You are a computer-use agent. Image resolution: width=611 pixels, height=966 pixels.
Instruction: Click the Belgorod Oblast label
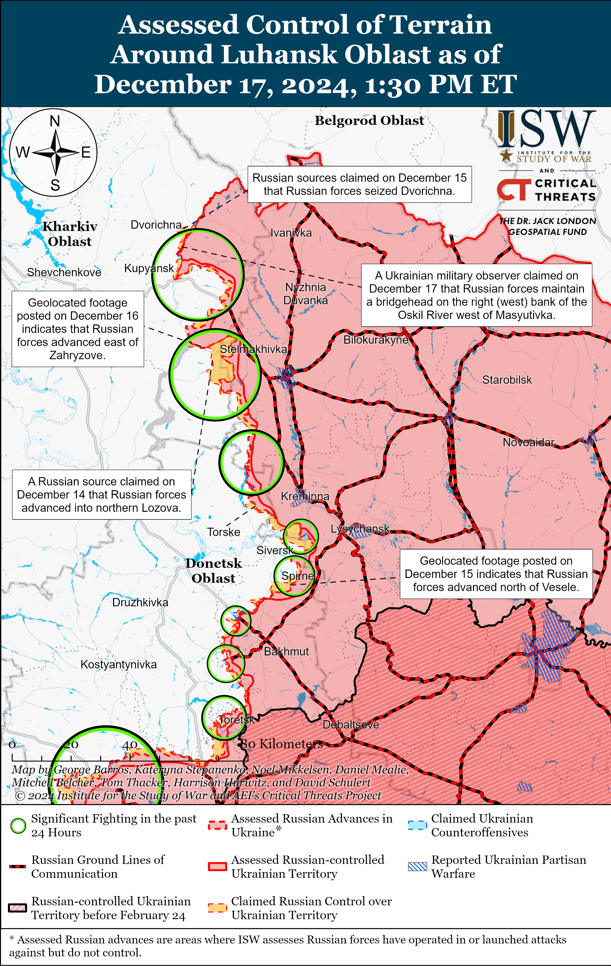tap(369, 120)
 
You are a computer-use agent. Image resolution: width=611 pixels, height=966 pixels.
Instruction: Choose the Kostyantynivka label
tap(118, 664)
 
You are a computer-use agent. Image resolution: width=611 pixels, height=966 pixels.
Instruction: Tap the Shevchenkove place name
tap(64, 272)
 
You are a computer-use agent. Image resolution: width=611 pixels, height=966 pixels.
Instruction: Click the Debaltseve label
tap(351, 724)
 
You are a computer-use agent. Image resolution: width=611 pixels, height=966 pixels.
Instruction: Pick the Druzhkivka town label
tap(140, 602)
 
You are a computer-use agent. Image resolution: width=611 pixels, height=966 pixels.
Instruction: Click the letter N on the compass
tap(55, 121)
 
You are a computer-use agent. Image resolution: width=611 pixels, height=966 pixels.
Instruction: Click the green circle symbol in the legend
tap(18, 826)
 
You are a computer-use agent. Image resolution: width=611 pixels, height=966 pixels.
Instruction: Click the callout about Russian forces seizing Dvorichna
tap(359, 184)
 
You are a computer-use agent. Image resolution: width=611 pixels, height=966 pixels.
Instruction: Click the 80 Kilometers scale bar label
tap(282, 744)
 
